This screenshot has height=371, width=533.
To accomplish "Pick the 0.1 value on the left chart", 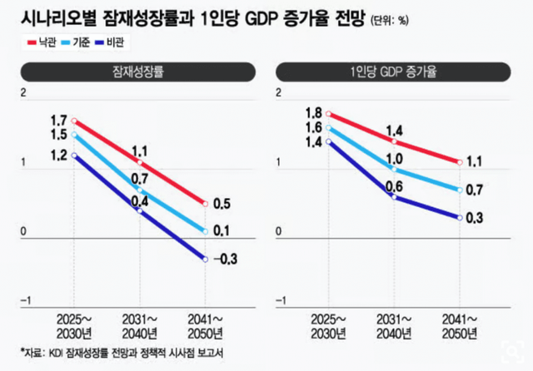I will click(222, 230).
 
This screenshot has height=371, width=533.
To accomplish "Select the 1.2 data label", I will click(58, 155).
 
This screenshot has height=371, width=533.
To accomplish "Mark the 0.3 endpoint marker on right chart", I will click(460, 217).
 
